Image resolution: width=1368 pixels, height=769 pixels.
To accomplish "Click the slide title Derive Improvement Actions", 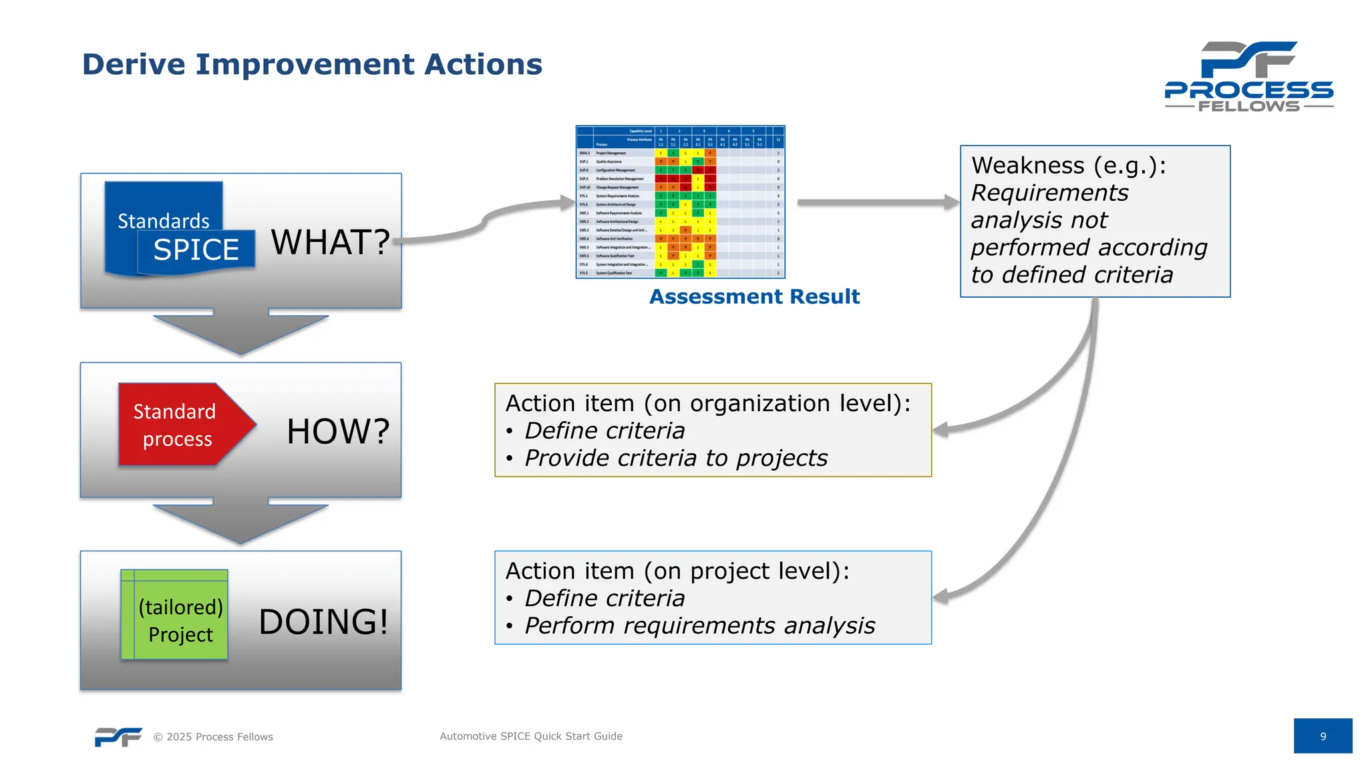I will [312, 65].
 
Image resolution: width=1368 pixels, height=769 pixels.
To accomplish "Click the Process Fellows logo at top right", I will [1248, 76].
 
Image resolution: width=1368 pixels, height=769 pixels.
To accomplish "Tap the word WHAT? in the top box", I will [330, 242].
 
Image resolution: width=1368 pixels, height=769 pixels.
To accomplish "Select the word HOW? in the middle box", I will [338, 431].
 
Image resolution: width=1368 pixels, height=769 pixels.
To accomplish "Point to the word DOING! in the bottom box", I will [323, 621].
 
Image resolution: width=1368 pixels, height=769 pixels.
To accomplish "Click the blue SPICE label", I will [196, 250].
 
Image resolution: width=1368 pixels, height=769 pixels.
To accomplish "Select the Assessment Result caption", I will [754, 296].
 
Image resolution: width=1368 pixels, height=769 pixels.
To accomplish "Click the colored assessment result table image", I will [680, 202].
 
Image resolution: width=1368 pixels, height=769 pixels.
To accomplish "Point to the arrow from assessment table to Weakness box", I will [875, 202].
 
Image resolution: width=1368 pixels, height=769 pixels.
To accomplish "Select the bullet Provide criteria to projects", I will [675, 459].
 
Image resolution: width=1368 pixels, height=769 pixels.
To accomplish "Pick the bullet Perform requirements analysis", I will [699, 626].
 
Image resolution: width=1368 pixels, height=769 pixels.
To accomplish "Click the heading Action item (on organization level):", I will [707, 403].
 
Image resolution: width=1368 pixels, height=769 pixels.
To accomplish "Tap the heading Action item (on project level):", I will [677, 571].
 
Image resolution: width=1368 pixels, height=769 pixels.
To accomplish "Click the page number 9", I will [1322, 736].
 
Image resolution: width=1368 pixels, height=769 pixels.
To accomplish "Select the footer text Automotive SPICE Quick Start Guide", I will [530, 736].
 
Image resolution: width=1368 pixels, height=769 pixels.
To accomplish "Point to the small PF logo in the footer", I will [118, 736].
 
